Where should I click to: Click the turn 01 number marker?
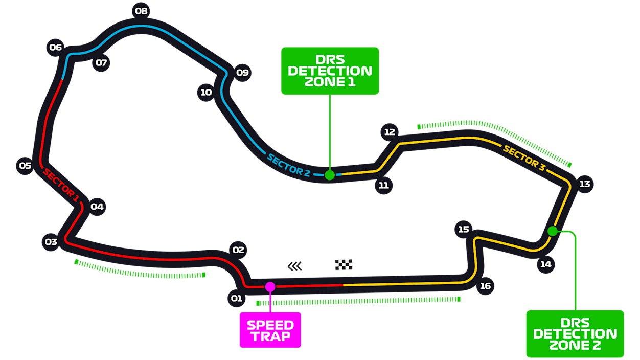pos(236,298)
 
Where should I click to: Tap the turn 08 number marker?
pos(141,11)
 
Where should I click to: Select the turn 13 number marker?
pos(584,184)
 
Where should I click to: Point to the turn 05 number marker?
pos(25,166)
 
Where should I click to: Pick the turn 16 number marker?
pos(485,286)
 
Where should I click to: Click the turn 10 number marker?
pos(206,93)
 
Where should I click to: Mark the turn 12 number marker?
pos(390,132)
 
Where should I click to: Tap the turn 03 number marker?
pos(51,242)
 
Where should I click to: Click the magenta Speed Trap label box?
pos(270,330)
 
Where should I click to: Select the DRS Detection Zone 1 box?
pos(330,71)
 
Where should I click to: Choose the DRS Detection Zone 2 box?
pos(575,334)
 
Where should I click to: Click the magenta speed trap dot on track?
pos(270,287)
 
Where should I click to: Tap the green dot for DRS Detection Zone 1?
pos(330,175)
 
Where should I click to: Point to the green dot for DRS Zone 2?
pos(553,231)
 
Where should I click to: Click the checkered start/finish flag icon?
pos(344,264)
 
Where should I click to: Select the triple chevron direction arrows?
pos(295,266)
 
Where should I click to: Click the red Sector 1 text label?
pos(61,185)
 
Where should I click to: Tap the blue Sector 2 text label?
pos(288,165)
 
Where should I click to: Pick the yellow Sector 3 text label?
pos(524,157)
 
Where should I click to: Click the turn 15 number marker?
pos(463,229)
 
